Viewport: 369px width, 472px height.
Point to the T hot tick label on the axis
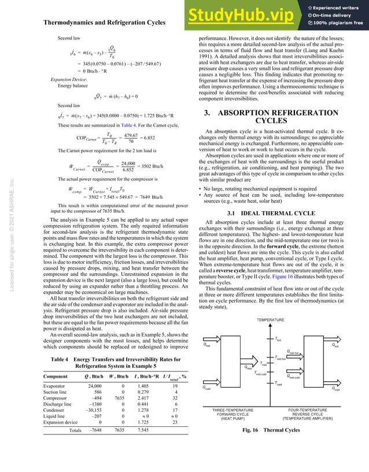[279, 340]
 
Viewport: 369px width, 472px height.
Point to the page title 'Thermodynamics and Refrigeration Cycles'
[105, 23]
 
